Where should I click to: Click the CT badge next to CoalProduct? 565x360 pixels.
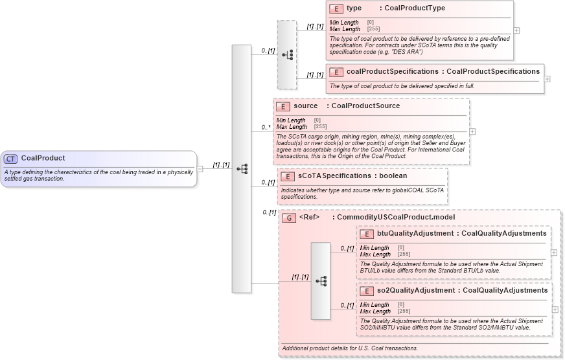(11, 158)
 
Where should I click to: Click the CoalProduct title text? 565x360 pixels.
(43, 158)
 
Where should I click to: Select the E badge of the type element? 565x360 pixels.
(336, 8)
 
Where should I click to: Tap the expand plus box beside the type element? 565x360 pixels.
(516, 30)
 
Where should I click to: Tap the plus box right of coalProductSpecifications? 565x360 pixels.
(548, 78)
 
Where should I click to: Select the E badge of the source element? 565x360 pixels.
(283, 106)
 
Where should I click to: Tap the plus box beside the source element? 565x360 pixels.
(472, 131)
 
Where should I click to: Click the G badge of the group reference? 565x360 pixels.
(289, 218)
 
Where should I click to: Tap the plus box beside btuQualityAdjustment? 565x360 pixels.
(554, 253)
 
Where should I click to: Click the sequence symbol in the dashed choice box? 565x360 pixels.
(286, 54)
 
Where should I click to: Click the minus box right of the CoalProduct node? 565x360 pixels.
(200, 169)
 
